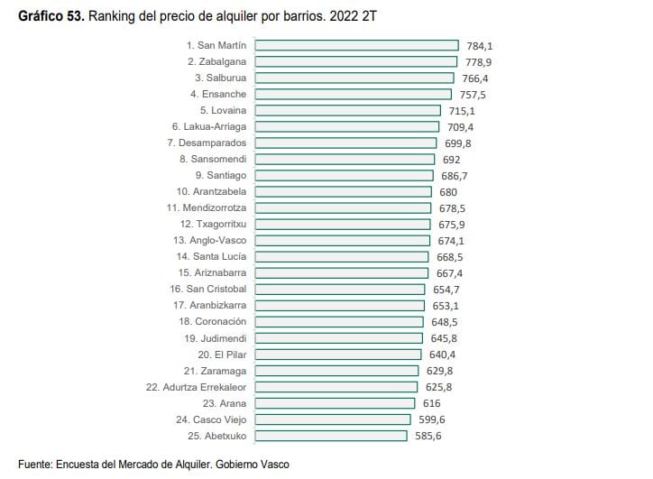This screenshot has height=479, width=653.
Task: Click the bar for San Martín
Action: coord(356,45)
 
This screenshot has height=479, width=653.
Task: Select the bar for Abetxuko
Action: coord(331,436)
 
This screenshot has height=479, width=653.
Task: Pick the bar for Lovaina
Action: coord(348,110)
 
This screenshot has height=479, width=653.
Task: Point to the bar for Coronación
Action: coord(339,321)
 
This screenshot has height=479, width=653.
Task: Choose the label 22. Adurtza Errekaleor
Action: coord(196,387)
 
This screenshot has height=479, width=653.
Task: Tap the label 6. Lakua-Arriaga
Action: coord(208,126)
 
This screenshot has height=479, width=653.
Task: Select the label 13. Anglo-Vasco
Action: coord(210,240)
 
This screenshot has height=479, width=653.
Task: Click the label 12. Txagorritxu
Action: coord(213,224)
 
